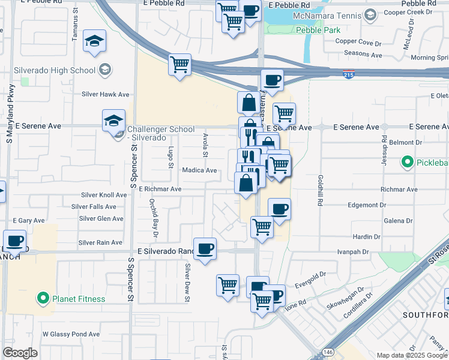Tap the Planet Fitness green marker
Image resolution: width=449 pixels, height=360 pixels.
tap(43, 298)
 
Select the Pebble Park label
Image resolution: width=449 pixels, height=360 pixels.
tap(318, 30)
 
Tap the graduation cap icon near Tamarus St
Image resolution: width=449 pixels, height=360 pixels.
tap(95, 41)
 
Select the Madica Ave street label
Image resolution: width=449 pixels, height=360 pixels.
tap(199, 170)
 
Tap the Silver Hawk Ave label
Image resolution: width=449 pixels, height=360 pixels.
tap(106, 94)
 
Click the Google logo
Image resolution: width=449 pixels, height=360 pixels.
tap(20, 353)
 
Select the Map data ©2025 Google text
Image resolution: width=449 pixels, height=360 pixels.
tap(411, 355)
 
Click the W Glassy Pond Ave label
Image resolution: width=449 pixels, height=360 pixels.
tap(71, 334)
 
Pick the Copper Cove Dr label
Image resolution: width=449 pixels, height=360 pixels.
tap(358, 41)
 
